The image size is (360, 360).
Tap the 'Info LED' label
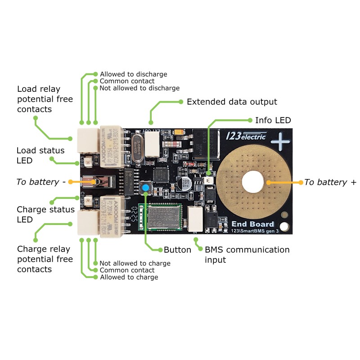coord(273,120)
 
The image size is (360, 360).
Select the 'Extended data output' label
coord(232,102)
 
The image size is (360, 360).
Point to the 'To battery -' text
coord(41,182)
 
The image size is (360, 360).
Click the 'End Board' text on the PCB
coord(252,224)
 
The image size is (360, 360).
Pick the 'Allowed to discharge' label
coord(133,74)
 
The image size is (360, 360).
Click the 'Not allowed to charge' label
coord(135,263)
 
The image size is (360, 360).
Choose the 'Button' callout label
coord(177,250)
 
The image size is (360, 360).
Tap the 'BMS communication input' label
coord(247,254)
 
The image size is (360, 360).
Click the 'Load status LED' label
coord(40,155)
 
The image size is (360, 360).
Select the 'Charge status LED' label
coord(45,214)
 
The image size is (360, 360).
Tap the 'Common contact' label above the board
coord(127,81)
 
